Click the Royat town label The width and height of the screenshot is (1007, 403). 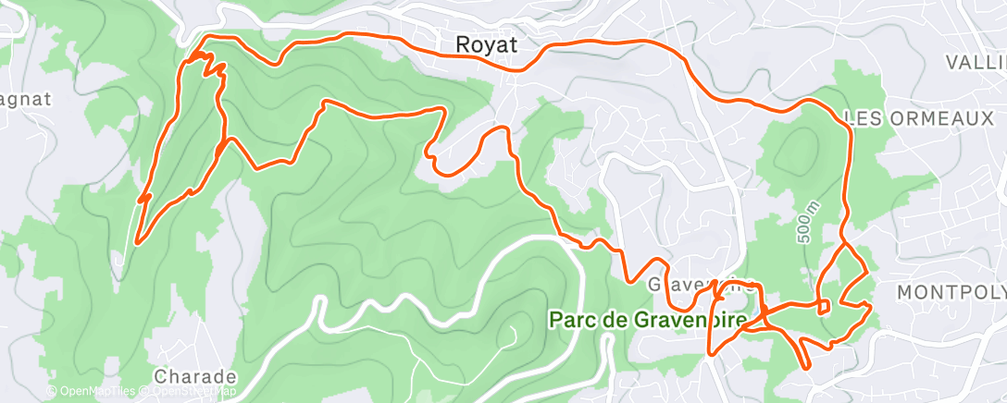(x=486, y=44)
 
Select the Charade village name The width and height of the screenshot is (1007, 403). (x=195, y=377)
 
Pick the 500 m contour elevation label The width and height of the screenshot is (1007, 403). (x=802, y=225)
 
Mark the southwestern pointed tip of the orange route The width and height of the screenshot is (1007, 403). (x=137, y=243)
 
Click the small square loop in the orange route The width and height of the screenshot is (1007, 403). (x=823, y=307)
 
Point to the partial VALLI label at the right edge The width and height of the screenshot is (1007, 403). (x=976, y=63)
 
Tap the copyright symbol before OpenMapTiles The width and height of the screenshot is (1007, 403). (x=51, y=392)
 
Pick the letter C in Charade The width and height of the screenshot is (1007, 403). (x=161, y=377)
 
